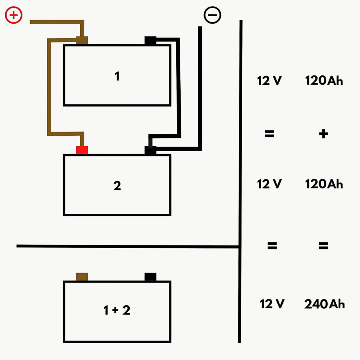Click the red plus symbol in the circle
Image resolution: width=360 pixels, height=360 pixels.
click(x=14, y=15)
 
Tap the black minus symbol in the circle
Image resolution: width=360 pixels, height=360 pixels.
click(x=212, y=15)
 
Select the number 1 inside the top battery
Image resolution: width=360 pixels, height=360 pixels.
click(x=117, y=76)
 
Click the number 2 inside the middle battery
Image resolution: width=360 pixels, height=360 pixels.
click(x=117, y=186)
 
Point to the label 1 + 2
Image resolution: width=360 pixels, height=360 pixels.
click(x=117, y=310)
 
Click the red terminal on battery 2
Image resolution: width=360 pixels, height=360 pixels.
click(x=82, y=150)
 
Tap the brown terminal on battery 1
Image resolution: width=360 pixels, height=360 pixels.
click(x=82, y=40)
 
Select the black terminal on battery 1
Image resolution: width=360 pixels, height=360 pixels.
click(x=150, y=41)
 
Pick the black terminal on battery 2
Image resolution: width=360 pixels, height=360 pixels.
click(x=150, y=150)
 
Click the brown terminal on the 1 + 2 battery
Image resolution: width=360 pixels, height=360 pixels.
click(x=82, y=277)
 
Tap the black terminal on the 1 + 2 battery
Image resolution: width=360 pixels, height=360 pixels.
click(x=150, y=277)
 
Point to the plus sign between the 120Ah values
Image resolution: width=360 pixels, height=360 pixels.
click(x=323, y=134)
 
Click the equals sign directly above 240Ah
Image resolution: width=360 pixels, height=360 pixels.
click(x=323, y=245)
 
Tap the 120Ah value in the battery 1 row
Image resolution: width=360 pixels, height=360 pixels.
click(x=323, y=81)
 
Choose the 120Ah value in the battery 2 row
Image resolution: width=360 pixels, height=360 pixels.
click(x=323, y=184)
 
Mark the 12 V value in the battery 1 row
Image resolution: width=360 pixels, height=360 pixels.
click(x=269, y=81)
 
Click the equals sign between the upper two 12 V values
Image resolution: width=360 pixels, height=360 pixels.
click(x=269, y=134)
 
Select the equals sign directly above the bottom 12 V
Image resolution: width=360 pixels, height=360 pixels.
click(x=272, y=245)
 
